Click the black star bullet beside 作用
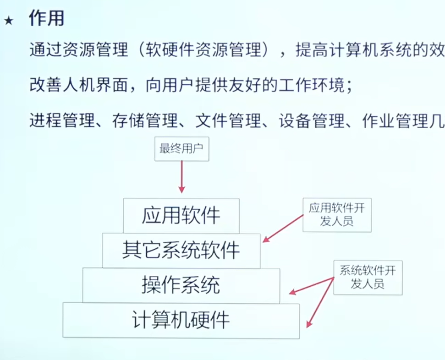(9, 21)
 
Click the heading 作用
(47, 18)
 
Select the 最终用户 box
(181, 149)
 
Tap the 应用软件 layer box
(181, 216)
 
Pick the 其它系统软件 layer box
(181, 251)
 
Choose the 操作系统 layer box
(181, 285)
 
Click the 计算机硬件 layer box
(181, 321)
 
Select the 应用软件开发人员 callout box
(337, 215)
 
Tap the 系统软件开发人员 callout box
(368, 278)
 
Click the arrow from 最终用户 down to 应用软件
(181, 177)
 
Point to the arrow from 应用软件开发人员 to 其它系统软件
(283, 229)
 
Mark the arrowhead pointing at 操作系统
(292, 292)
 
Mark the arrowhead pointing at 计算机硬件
(309, 324)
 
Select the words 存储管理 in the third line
(145, 120)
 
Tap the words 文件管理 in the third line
(228, 120)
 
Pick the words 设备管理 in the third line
(312, 120)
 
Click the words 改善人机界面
(79, 85)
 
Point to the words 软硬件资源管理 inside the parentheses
(203, 49)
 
